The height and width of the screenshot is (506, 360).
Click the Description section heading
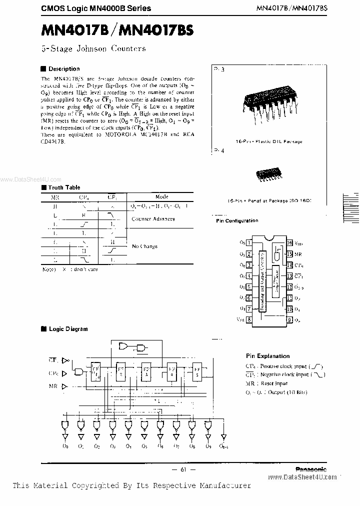click(63, 69)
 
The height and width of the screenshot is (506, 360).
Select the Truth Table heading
click(63, 187)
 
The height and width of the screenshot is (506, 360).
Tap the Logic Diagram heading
click(67, 329)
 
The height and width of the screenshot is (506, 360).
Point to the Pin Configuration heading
click(237, 220)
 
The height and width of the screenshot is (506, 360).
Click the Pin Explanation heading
click(267, 356)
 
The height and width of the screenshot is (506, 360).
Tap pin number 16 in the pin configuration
click(289, 242)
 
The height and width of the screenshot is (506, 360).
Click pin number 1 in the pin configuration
click(248, 242)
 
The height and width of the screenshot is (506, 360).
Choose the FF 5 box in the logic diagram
click(198, 371)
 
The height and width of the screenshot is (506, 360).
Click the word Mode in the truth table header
click(162, 197)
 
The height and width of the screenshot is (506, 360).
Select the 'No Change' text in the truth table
click(144, 246)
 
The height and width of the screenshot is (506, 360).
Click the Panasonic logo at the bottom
click(310, 469)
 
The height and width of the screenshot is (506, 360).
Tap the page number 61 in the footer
click(182, 469)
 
